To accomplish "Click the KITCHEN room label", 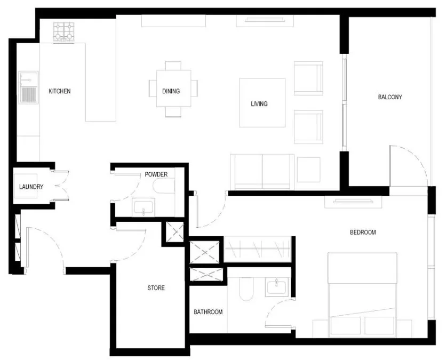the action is click(60, 91).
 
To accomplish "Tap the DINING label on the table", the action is click(171, 91).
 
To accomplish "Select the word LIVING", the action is click(259, 104).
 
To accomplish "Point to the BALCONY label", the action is click(390, 97).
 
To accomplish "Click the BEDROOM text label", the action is click(363, 233).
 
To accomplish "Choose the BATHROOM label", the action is click(208, 312).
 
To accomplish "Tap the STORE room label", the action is click(156, 288).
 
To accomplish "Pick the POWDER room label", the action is click(156, 174).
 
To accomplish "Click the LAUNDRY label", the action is click(31, 187).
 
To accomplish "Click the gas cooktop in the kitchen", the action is click(64, 31).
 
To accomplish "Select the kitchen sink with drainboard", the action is click(29, 87).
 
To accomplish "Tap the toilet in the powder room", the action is click(164, 186).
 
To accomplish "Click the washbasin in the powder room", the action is click(143, 207).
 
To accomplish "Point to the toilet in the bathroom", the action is click(246, 289).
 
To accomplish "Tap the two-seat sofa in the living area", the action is click(262, 172).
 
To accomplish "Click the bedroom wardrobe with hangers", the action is click(258, 249).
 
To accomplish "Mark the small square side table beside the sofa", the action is click(308, 170).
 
